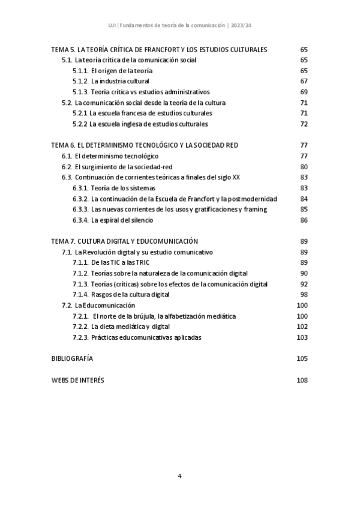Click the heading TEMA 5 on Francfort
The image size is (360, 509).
pos(159,49)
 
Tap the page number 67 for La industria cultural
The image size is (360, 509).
pos(304,81)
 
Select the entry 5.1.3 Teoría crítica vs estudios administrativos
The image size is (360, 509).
pos(141,92)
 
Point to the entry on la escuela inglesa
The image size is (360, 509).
pos(140,124)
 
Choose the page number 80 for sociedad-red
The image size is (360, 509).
pos(304,166)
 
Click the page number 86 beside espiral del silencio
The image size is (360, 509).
pos(304,220)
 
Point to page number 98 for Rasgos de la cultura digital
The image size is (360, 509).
pos(304,294)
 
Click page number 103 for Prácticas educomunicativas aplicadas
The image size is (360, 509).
pos(302,337)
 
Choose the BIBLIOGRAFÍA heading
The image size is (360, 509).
pos(72,358)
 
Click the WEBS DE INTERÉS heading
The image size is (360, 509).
pos(77,380)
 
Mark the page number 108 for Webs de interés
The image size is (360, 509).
pos(302,380)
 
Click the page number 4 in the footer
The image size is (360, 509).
pos(179,476)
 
